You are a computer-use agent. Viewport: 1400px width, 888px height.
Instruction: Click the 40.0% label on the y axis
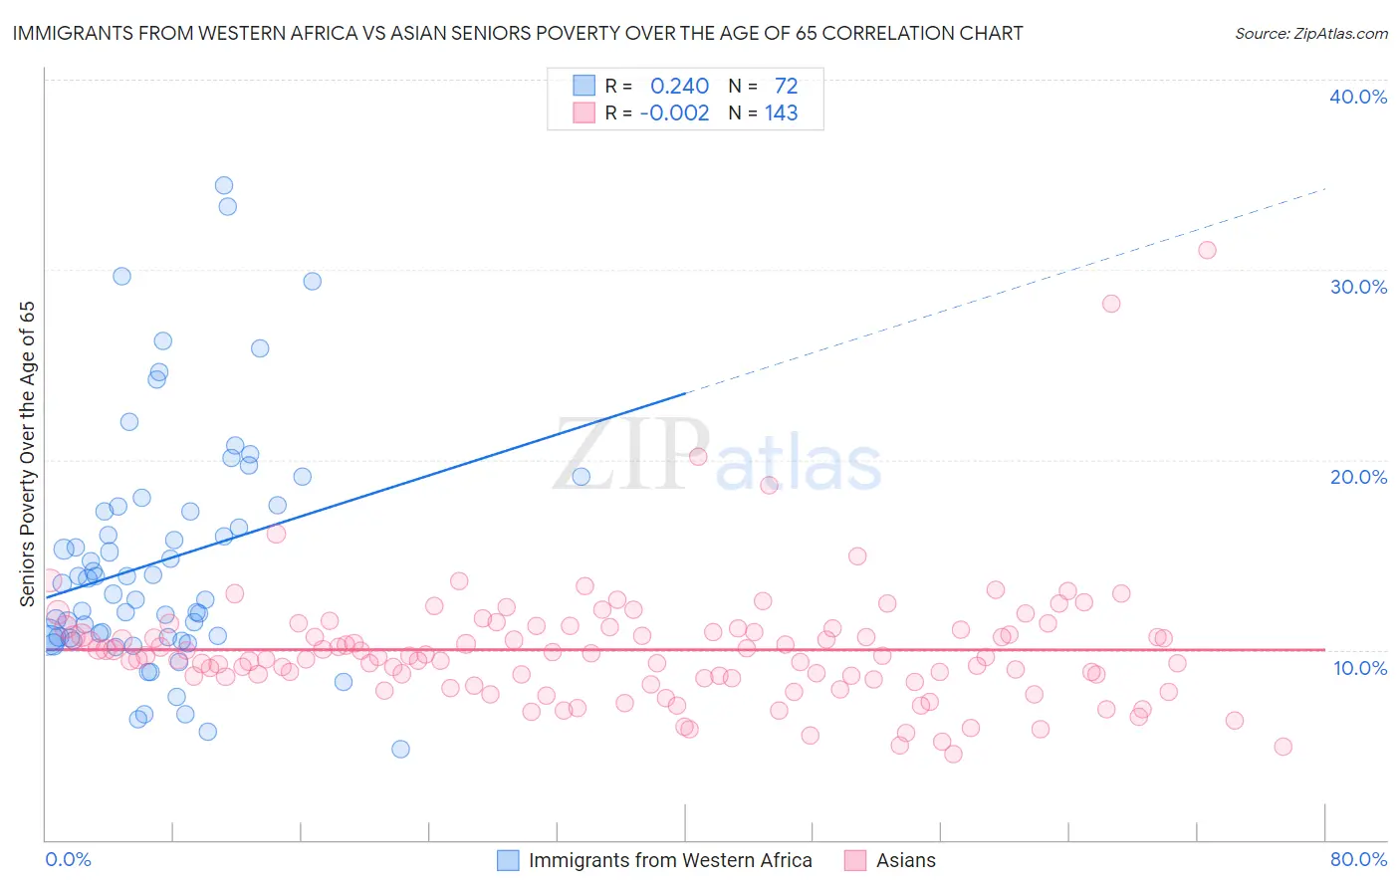pos(1358,97)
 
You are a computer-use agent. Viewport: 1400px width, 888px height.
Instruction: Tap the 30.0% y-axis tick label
pos(1358,287)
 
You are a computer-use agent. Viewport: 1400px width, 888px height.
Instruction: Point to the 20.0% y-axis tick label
pos(1358,477)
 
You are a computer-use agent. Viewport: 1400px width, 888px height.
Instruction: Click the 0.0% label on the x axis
pos(68,859)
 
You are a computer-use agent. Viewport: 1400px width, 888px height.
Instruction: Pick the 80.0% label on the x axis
pos(1358,859)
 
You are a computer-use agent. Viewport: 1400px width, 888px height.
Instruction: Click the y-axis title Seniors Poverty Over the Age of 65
pos(28,454)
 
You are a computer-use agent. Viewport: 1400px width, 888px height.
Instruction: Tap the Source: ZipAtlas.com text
pos(1310,34)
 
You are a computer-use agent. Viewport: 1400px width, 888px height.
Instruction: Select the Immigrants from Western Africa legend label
pos(670,860)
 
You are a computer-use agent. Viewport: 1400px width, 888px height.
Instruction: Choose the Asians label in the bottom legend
pos(905,860)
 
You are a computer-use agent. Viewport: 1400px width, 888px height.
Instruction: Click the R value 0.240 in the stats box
pos(679,87)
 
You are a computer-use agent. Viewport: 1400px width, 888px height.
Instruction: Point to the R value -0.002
pos(674,113)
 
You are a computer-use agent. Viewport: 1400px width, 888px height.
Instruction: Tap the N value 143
pos(781,113)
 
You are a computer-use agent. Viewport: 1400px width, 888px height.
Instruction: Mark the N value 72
pos(786,87)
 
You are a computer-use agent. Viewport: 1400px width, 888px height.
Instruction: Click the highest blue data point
pos(224,185)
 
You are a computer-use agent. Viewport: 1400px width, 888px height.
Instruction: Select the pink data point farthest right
pos(1283,747)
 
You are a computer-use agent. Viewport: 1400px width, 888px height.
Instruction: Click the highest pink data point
pos(1207,250)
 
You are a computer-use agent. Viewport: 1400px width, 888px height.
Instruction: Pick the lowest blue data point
pos(400,749)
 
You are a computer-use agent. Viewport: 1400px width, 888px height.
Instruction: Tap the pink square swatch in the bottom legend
pos(854,860)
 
